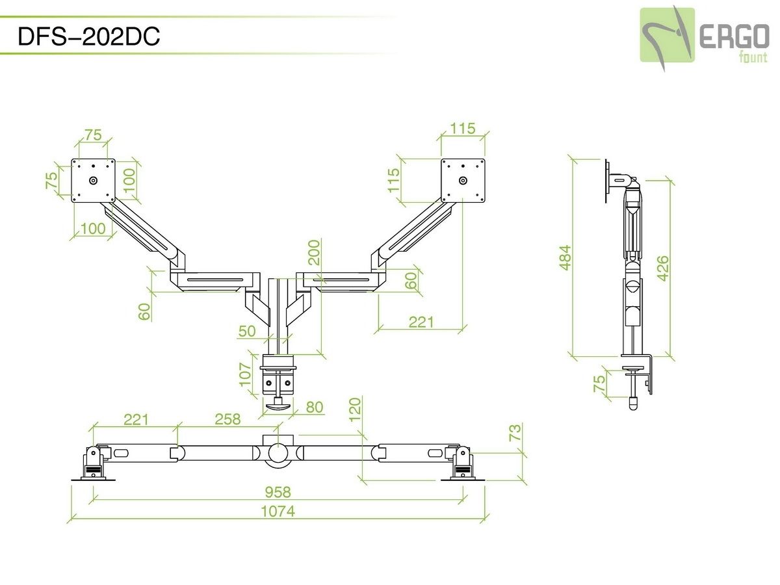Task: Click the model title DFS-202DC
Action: coord(89,37)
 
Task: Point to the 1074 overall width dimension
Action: coord(278,512)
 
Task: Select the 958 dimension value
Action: coord(278,492)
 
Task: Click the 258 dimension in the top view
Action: coord(227,419)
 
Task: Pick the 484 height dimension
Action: coord(565,257)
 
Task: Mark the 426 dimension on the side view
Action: coord(662,268)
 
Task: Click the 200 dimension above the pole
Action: coord(315,252)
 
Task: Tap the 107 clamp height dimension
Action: coord(245,374)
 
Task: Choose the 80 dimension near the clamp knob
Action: coord(314,408)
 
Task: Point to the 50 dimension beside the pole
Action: coord(247,331)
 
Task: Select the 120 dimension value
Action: coord(355,409)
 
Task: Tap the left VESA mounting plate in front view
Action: coord(93,179)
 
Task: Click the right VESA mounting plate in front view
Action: coord(463,179)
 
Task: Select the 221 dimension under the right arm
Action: coord(421,322)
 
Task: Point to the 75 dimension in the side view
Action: coord(599,383)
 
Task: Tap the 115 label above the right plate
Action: coord(463,129)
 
